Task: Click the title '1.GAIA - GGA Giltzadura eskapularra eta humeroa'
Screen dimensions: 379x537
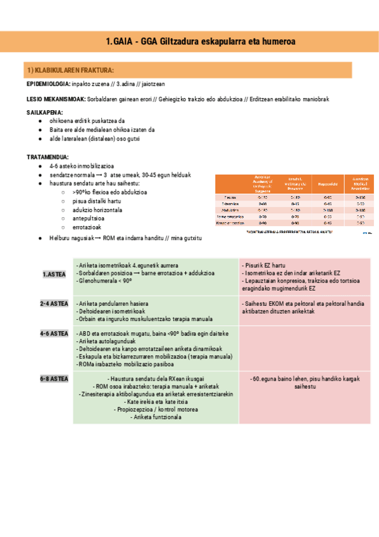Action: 202,42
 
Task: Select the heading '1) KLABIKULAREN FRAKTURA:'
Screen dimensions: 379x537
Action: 70,70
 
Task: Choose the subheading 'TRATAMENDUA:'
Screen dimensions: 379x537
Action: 47,156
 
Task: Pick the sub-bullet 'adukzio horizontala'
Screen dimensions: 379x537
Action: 97,210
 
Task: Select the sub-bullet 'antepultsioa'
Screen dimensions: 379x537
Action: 89,218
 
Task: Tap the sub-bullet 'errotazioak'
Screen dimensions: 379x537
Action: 87,227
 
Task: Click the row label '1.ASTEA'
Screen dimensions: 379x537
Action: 54,274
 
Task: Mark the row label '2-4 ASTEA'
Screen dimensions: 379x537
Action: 54,304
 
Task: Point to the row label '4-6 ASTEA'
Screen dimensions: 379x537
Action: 54,333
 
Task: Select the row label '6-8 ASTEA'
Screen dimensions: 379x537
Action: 54,378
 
